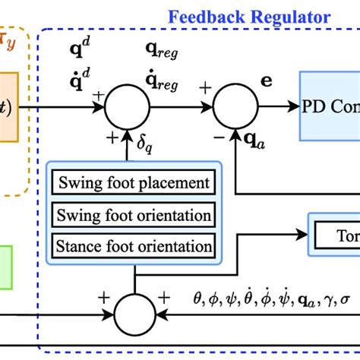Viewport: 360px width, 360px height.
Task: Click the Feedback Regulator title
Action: (x=249, y=15)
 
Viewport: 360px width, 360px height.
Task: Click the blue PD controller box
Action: (x=331, y=106)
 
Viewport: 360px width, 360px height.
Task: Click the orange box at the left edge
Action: (x=15, y=106)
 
